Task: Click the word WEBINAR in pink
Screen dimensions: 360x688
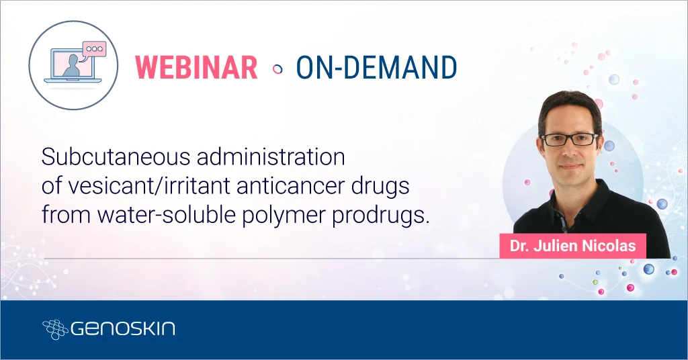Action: tap(197, 67)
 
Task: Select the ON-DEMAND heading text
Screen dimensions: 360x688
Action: tap(376, 67)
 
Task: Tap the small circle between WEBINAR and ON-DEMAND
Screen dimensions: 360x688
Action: tap(277, 68)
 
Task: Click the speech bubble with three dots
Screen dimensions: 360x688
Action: tap(93, 50)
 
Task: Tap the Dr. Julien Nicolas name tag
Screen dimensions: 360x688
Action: tap(572, 246)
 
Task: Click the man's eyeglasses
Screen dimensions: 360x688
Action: tap(569, 140)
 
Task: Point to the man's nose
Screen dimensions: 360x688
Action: tap(570, 151)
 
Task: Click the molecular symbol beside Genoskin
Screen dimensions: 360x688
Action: tap(54, 329)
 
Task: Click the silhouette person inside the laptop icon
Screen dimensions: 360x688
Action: tap(71, 65)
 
